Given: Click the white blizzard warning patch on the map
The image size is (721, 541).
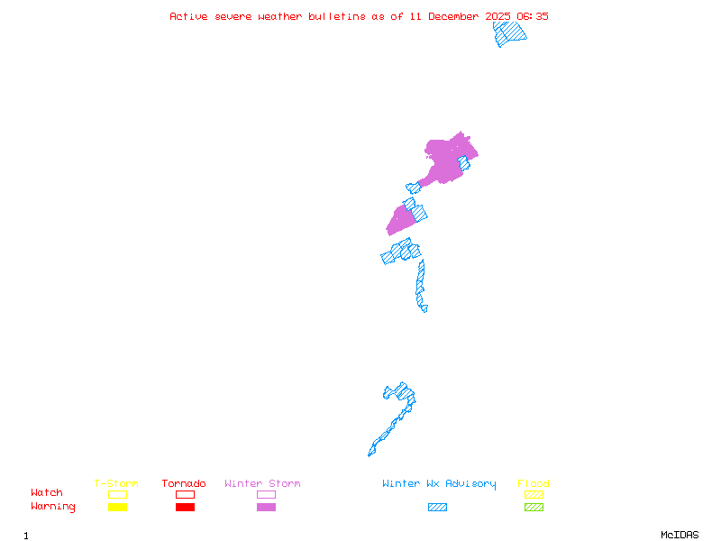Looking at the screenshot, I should coord(430,307).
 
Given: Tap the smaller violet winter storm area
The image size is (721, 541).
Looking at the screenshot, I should coord(400,220).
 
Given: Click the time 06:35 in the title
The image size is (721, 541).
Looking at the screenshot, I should coord(533,16).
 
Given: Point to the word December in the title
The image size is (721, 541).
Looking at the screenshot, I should coord(459,16).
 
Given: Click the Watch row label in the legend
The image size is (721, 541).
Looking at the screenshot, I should coord(47,493).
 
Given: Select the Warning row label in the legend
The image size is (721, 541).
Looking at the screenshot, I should coord(53,507).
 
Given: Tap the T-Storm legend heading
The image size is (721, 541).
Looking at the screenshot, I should coord(116,484).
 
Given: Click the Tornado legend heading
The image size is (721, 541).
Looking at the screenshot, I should coord(184,484).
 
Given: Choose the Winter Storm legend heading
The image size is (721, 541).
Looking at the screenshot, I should coord(262,484).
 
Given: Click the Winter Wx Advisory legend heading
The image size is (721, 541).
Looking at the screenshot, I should coord(439,484).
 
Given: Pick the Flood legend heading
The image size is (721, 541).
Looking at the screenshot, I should coord(534,484).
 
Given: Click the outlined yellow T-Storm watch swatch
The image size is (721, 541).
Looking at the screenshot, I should coord(117,494).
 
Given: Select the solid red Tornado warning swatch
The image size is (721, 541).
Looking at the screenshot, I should coord(185,507).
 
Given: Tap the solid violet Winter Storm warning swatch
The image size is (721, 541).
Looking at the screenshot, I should coord(266,507).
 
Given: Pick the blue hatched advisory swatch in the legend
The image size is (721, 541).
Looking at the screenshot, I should coord(437,507).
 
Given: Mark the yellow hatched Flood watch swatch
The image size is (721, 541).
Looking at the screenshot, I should coord(534,494).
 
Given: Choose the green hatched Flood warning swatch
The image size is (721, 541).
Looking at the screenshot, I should coord(534,507).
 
